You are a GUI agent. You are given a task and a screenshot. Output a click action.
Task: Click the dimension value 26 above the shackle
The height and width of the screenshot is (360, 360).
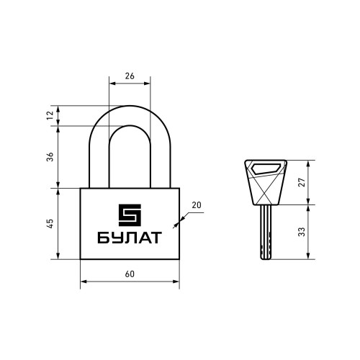130,76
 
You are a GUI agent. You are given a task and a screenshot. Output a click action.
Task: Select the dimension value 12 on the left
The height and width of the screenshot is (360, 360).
50,115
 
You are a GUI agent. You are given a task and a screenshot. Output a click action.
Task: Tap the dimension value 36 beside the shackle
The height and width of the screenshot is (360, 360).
50,156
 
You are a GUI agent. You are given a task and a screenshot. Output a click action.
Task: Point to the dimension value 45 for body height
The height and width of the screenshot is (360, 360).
50,223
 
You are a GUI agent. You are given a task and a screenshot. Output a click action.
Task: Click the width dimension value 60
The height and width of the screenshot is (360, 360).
130,274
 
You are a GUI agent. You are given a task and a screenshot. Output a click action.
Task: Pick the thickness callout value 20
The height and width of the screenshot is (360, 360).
197,205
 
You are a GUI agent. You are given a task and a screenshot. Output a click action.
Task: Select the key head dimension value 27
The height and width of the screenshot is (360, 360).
302,182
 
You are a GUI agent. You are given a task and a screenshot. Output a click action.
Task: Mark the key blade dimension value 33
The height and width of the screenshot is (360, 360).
302,232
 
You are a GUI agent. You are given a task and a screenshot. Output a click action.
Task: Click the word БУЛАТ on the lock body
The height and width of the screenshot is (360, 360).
130,238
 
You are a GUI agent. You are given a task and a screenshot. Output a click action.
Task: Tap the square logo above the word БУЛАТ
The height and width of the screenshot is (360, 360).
130,215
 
